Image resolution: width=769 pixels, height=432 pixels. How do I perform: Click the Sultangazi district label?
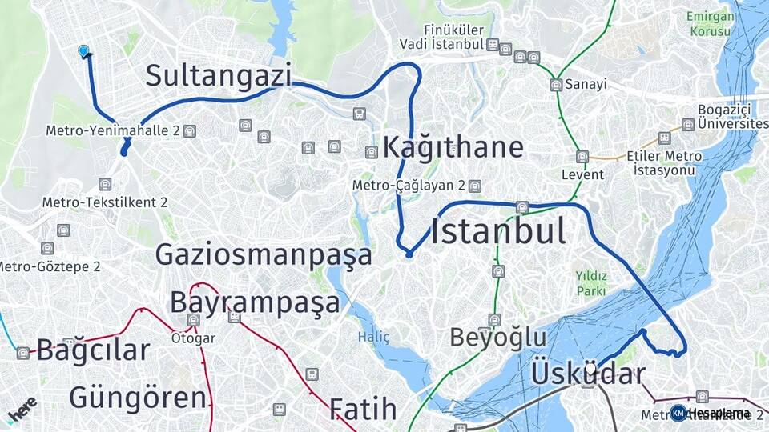point(217,76)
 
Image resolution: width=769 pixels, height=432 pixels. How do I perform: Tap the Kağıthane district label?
point(453,147)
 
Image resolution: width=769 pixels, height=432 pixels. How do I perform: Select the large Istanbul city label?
point(498,231)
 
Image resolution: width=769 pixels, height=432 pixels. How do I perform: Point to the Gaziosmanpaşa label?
point(264,255)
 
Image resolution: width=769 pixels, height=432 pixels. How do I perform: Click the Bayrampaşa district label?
point(255,303)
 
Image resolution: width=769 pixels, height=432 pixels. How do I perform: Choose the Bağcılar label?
point(93,350)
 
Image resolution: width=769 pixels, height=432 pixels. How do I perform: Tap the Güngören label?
point(138,397)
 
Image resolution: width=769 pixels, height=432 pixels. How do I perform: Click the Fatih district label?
point(363,409)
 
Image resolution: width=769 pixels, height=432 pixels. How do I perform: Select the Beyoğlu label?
point(497,338)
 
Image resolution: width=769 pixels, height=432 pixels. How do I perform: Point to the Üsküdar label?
point(588,373)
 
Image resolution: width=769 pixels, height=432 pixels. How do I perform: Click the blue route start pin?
point(83,51)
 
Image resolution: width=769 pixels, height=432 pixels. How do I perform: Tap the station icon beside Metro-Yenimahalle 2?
point(189,131)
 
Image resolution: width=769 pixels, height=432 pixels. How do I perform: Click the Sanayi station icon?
point(556,85)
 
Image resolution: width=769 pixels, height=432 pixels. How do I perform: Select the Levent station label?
point(582,174)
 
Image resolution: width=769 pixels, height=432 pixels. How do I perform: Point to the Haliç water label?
point(373,337)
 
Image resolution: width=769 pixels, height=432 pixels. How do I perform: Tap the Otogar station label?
point(193,338)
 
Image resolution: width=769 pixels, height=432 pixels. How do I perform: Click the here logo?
point(22,409)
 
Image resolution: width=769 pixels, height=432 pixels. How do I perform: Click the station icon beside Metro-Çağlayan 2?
point(475,186)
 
